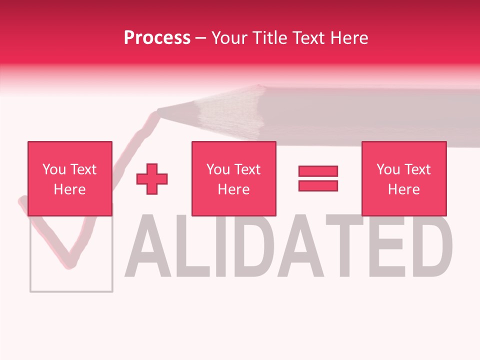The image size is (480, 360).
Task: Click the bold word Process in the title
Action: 157,38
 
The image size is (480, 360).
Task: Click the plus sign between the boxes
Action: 152,179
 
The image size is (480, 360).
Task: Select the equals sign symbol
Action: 318,178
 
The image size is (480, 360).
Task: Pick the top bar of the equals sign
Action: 318,171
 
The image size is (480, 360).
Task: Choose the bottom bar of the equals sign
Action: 318,186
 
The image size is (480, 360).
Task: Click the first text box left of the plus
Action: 69,178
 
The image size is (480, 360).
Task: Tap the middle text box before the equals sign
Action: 233,178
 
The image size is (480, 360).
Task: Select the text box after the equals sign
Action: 403,178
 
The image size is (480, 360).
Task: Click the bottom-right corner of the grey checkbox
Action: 112,291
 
